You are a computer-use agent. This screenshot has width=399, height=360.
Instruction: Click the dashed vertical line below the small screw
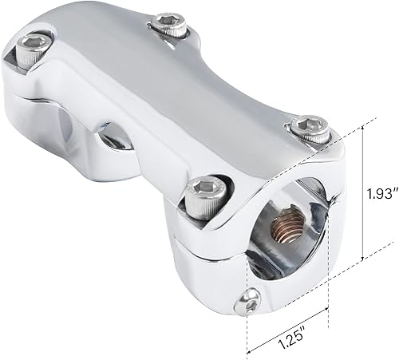[247, 331]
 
